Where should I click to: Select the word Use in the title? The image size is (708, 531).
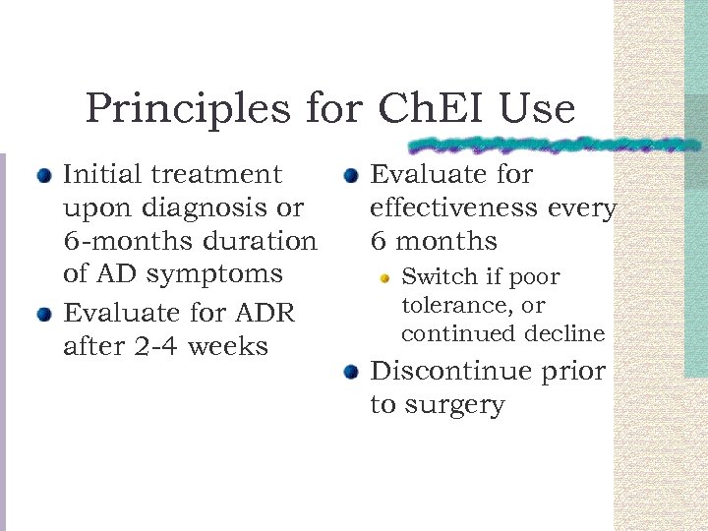[x=538, y=108]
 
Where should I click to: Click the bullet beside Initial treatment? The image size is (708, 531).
[x=43, y=177]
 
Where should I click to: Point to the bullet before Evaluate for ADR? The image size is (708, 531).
[x=43, y=316]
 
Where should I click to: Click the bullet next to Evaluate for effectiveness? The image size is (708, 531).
[x=350, y=177]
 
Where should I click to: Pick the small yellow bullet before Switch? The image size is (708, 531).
[x=385, y=278]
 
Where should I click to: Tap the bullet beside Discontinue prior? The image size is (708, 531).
[x=350, y=373]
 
